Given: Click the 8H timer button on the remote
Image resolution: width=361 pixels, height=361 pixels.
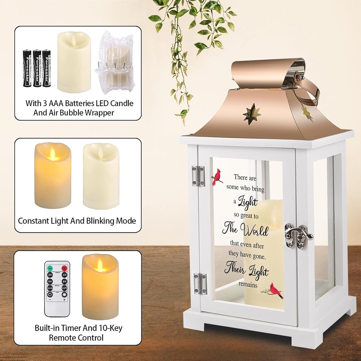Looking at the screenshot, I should pos(64,281).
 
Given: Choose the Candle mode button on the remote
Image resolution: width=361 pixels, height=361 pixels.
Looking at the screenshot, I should pos(50,288).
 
